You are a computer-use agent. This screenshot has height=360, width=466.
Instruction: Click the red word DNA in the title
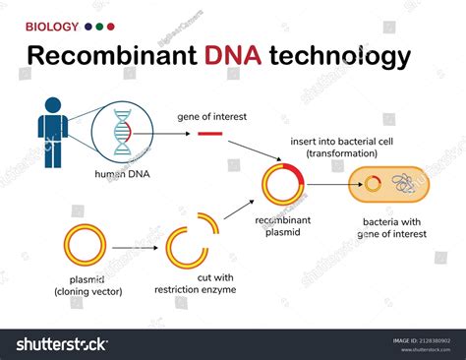[233, 56]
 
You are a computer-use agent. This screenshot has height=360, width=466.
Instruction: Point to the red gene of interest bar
[209, 133]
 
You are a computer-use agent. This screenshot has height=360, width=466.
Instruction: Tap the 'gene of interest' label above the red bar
[209, 116]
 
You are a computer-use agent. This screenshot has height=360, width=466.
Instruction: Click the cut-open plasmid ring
[190, 247]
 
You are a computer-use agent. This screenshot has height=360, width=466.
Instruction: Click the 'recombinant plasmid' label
[284, 228]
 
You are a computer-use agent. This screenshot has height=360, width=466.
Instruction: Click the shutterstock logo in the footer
[61, 344]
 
